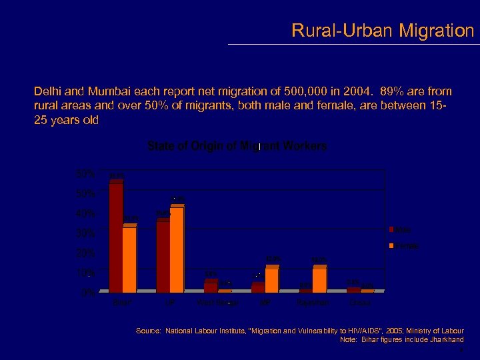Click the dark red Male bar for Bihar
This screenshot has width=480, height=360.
[x=116, y=237]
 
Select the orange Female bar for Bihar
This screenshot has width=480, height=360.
[x=129, y=259]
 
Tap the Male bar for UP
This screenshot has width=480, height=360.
[x=163, y=257]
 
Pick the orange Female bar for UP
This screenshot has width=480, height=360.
[x=177, y=249]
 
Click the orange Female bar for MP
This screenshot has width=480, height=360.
[x=271, y=280]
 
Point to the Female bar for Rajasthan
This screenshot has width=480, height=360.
[x=319, y=280]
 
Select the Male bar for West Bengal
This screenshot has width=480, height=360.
[x=210, y=287]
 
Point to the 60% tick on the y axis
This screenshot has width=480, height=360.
[x=85, y=173]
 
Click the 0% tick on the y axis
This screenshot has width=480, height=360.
[x=87, y=293]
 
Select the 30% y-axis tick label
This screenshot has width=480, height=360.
[x=85, y=233]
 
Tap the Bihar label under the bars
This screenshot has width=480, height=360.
[x=122, y=303]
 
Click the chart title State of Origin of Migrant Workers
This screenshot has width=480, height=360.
[x=237, y=146]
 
